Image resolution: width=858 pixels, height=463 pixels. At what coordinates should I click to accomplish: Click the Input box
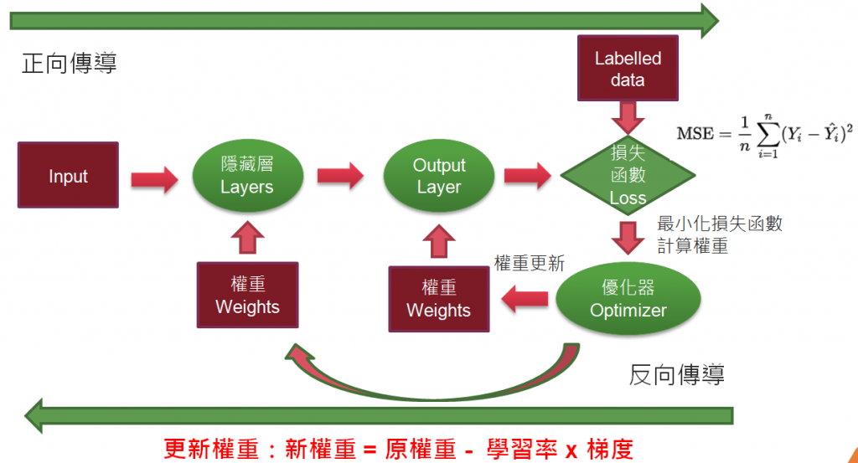[x=68, y=175]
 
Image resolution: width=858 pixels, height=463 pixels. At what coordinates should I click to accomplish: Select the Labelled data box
[x=628, y=69]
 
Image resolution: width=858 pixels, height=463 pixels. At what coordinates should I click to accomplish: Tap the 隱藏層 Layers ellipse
[x=247, y=176]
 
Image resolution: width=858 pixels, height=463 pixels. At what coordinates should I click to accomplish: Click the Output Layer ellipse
[x=439, y=176]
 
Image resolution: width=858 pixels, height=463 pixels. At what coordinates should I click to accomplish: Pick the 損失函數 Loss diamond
[x=628, y=175]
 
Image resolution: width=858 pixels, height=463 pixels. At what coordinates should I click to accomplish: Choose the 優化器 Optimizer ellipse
[x=628, y=298]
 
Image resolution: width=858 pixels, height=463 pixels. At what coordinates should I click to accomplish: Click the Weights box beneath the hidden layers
[x=247, y=296]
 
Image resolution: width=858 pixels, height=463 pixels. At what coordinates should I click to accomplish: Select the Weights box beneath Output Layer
[x=439, y=299]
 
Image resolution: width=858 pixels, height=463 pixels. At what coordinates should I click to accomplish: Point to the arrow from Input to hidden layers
[x=154, y=178]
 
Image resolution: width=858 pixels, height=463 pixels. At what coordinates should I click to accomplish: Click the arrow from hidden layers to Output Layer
[x=340, y=176]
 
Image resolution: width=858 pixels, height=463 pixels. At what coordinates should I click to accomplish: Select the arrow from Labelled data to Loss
[x=628, y=117]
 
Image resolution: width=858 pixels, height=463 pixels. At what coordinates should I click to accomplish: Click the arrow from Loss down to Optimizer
[x=628, y=238]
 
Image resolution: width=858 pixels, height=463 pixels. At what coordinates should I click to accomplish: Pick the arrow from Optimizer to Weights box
[x=525, y=299]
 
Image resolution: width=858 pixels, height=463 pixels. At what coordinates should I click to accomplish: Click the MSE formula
[x=764, y=136]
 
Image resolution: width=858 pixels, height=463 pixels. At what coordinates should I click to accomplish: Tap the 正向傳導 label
[x=70, y=64]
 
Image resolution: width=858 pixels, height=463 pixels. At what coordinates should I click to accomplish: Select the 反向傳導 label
[x=677, y=375]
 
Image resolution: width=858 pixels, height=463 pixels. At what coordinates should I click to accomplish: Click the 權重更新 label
[x=530, y=263]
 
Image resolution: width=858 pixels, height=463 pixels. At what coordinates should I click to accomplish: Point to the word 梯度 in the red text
[x=610, y=450]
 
